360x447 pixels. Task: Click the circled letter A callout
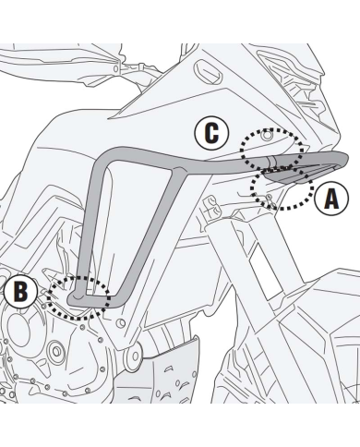[x=331, y=199]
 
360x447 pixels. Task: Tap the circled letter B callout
[x=20, y=291]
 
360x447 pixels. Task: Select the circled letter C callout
[x=211, y=133]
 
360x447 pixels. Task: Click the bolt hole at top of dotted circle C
[x=267, y=135]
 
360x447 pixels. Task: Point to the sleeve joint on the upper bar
[x=271, y=161]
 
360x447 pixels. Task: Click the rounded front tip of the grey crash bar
[x=343, y=160]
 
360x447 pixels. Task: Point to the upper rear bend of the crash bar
[x=106, y=157]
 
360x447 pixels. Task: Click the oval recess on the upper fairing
[x=209, y=71]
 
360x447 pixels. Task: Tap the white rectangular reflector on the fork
[x=265, y=273]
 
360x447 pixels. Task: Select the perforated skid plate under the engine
[x=160, y=377]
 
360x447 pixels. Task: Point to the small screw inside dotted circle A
[x=268, y=196]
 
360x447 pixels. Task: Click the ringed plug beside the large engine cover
[x=56, y=351]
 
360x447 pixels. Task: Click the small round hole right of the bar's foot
[x=122, y=323]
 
